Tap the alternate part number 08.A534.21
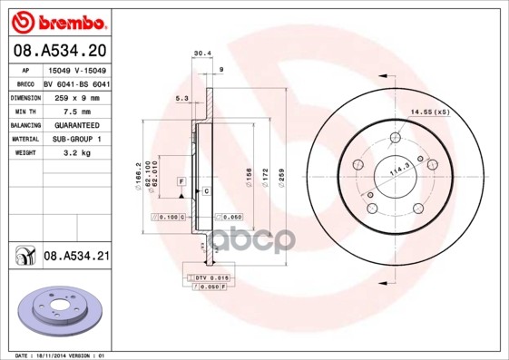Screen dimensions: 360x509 pos(76,257)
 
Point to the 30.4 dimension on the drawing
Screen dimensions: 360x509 pos(202,54)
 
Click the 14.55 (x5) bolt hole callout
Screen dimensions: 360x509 pos(429,112)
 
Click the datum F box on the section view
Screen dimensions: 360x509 pos(181,182)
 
